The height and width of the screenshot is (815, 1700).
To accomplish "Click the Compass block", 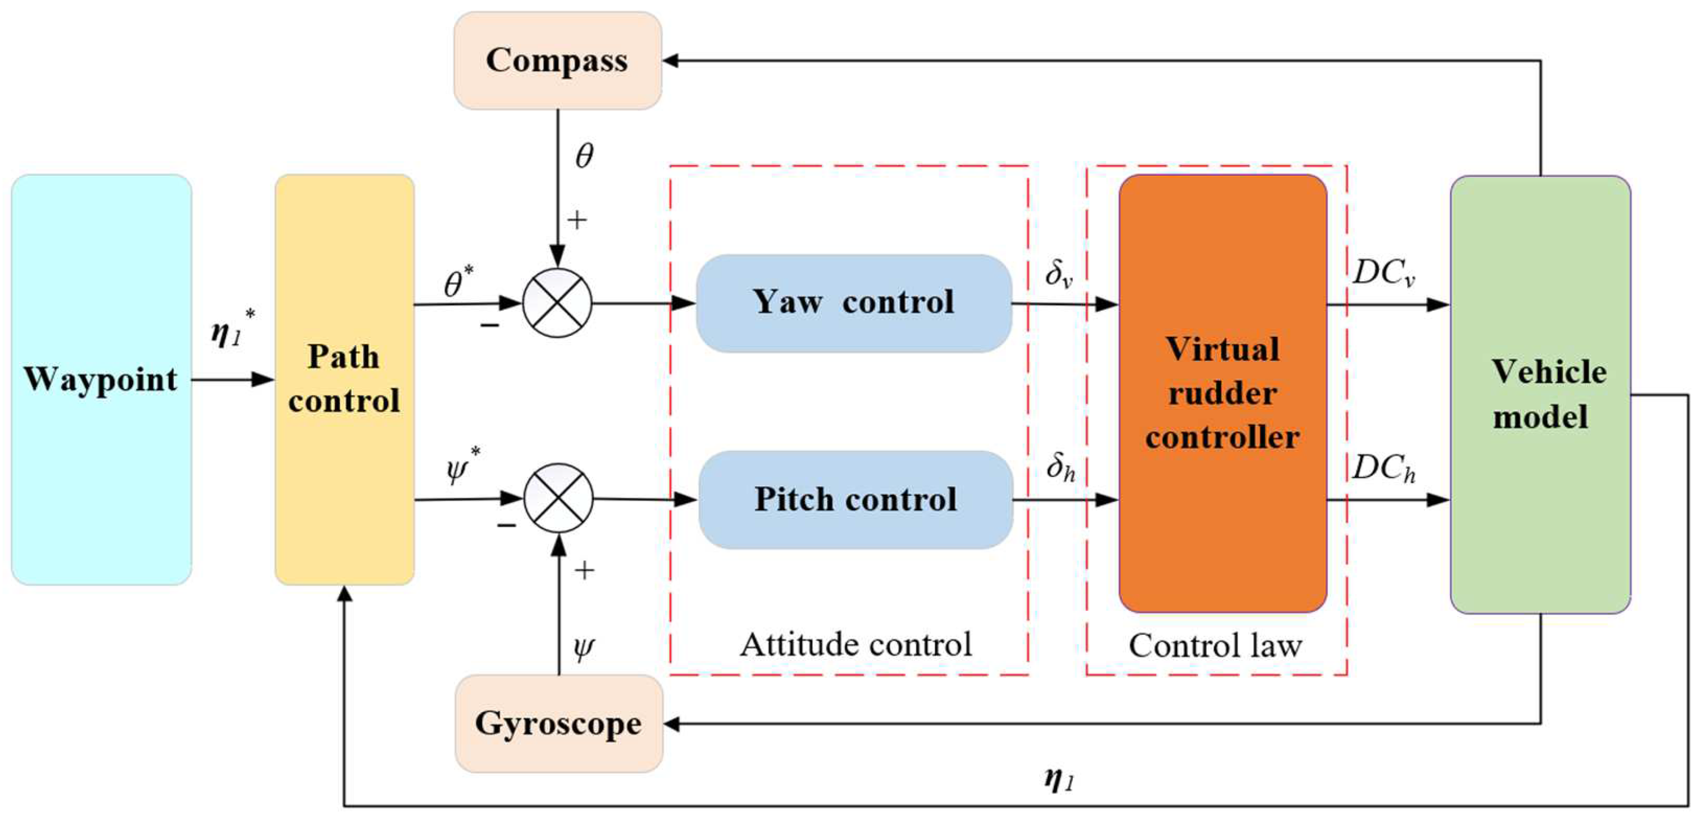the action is (x=557, y=60).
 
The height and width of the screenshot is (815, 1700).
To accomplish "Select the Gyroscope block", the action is (x=559, y=723).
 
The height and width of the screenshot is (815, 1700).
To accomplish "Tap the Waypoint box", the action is (x=102, y=380).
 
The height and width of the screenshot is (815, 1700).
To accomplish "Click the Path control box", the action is (x=345, y=380).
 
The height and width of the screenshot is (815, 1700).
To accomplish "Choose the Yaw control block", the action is (x=854, y=304).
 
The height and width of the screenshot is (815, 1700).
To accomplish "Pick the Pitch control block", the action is (x=856, y=500).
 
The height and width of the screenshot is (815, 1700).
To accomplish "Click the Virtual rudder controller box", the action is (x=1223, y=393).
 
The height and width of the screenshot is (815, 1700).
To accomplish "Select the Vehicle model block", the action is (x=1541, y=395).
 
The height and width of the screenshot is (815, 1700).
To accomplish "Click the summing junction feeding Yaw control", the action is (x=557, y=304).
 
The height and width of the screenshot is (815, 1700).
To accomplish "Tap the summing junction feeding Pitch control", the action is (x=559, y=498).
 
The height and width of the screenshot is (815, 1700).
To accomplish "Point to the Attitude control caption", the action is (x=856, y=644).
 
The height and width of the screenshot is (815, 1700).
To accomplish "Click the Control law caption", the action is (x=1215, y=645).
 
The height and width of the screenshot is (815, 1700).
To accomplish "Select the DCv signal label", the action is (x=1384, y=272).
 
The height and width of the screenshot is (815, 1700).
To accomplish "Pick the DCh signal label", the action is (x=1384, y=468).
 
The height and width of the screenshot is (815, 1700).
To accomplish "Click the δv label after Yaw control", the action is (x=1059, y=273).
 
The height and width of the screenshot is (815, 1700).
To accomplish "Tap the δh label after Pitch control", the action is (x=1060, y=467).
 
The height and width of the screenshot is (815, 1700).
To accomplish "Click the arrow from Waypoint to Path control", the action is (x=233, y=380).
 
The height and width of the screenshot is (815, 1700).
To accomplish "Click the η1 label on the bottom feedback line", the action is (x=1059, y=779).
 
